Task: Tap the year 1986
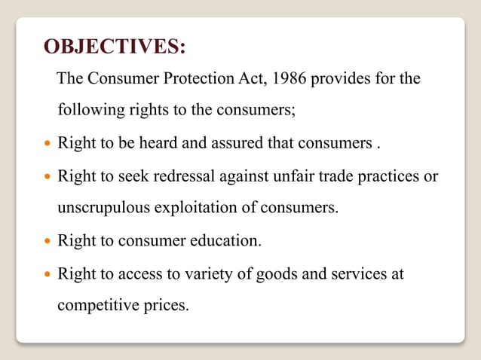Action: (293, 79)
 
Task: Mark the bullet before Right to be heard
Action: (47, 143)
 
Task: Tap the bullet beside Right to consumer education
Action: (47, 243)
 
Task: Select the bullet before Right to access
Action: (47, 274)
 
